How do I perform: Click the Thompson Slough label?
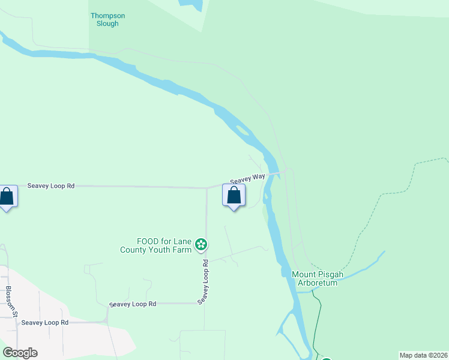pos(104,19)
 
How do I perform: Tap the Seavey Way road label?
pos(247,178)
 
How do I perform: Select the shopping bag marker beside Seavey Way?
pos(234,196)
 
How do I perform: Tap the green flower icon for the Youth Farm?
pos(202,244)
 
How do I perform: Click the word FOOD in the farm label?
pos(148,241)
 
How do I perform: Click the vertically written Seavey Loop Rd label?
pos(205,281)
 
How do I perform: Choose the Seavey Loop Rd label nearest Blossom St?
pos(45,322)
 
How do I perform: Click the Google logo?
pos(20,353)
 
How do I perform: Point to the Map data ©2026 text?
pos(423,355)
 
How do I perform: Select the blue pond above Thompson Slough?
pos(190,5)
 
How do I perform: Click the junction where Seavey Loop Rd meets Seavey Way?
pos(206,187)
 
